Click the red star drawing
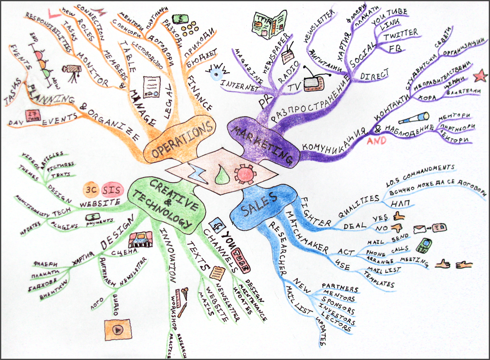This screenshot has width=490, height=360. (x=480, y=76)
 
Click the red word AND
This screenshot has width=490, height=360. (x=377, y=141)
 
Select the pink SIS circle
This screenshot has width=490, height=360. (x=112, y=190)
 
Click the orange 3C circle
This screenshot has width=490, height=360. (x=91, y=190)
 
